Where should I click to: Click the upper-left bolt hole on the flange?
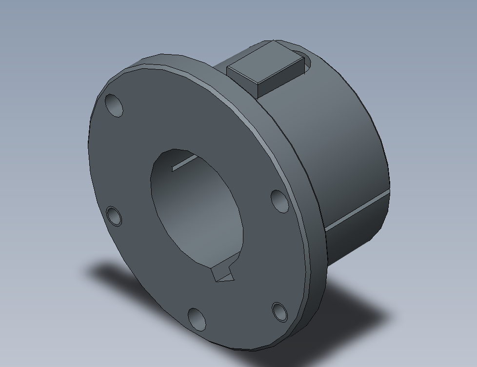pos(114,105)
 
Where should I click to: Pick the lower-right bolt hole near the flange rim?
pos(279,311)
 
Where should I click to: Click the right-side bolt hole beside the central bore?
pos(279,201)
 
